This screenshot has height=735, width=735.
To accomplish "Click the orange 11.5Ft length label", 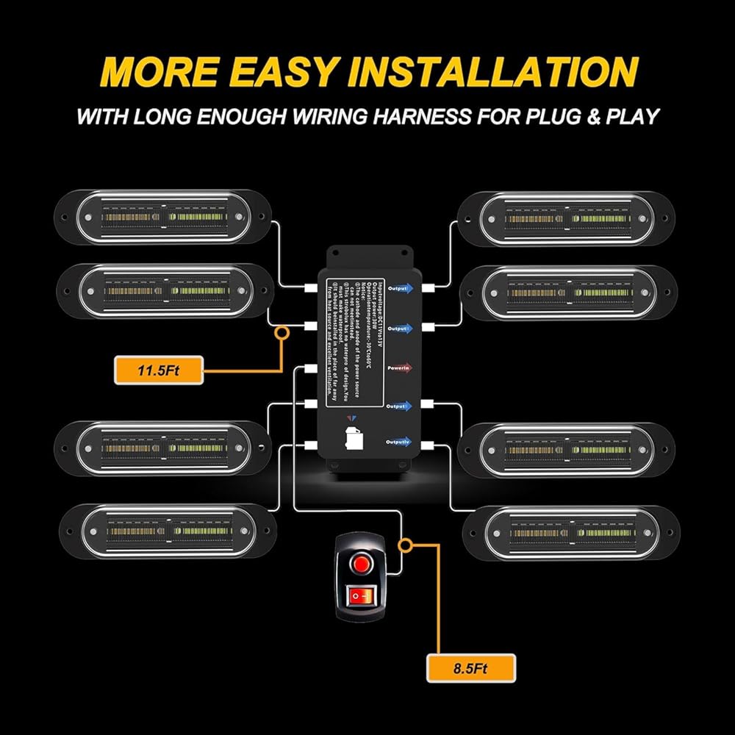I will coord(159,370).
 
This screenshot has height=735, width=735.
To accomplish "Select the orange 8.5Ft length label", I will coord(471,669).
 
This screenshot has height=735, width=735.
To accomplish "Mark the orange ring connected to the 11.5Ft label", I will coord(281,334).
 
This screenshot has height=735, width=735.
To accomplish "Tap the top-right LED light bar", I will coord(565,218).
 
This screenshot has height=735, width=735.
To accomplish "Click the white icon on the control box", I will coord(352,437).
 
